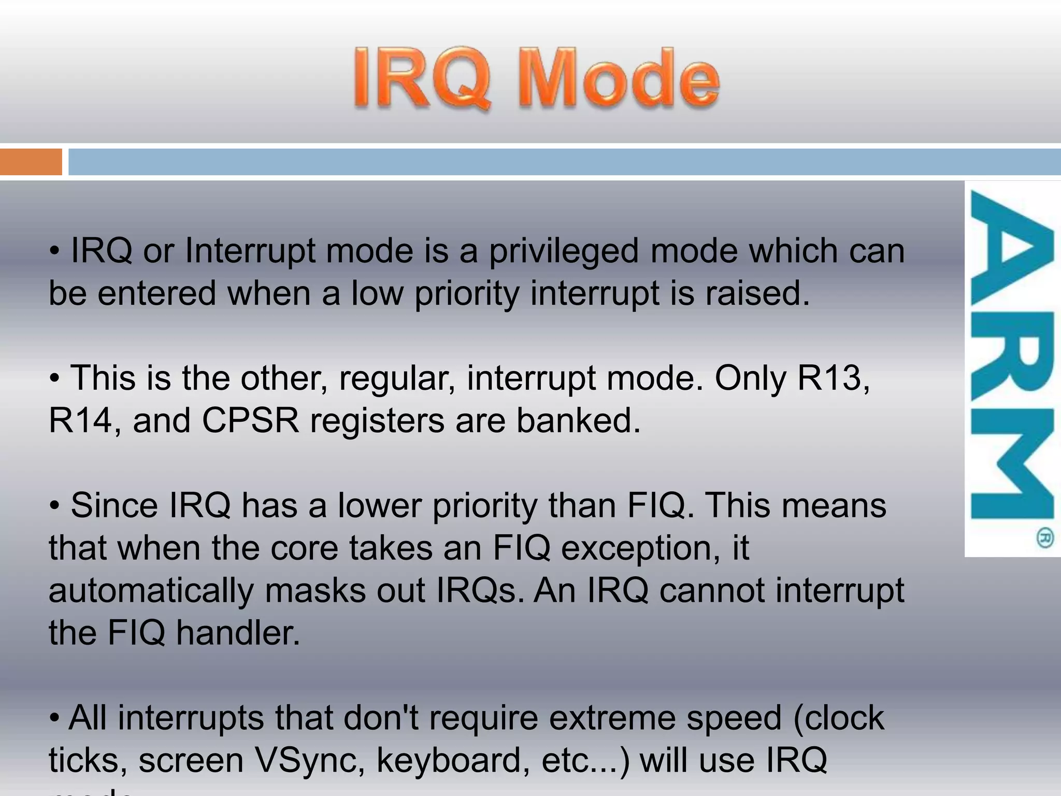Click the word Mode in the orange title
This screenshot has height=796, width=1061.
click(619, 79)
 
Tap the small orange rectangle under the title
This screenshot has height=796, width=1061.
click(31, 162)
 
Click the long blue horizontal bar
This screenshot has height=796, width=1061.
click(564, 162)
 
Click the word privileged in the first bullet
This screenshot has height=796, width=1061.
click(564, 252)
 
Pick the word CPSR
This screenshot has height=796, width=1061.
click(250, 420)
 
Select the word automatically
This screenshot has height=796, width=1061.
click(151, 591)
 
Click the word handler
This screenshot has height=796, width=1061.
click(238, 633)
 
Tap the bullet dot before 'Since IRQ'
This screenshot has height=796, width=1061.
click(55, 506)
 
